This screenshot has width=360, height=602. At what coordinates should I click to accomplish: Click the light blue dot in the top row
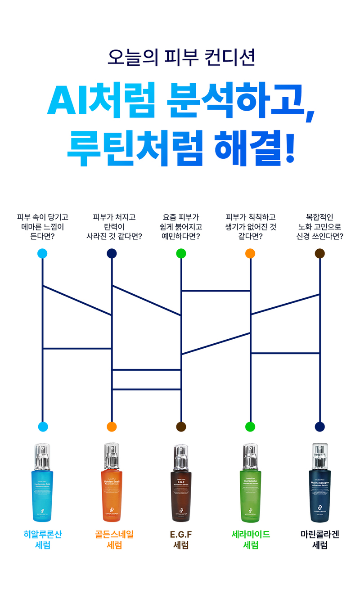tap(42, 253)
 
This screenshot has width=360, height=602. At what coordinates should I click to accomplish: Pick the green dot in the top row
tap(181, 253)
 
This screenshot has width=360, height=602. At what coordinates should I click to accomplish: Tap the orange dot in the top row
tap(250, 253)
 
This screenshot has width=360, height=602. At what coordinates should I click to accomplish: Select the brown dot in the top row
tap(319, 253)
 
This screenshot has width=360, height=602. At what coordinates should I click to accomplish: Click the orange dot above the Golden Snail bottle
tap(112, 427)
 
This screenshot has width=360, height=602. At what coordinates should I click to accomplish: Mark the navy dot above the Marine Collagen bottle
tap(319, 427)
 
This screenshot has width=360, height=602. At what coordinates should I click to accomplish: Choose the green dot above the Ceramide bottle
tap(250, 427)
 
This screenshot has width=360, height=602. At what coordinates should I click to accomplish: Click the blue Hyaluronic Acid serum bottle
tap(42, 488)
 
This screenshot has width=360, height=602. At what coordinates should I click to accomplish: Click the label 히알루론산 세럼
tap(42, 539)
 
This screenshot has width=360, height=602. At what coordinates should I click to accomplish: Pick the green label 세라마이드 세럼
tap(250, 539)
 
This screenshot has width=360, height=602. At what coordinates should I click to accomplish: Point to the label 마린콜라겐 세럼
tap(319, 539)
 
